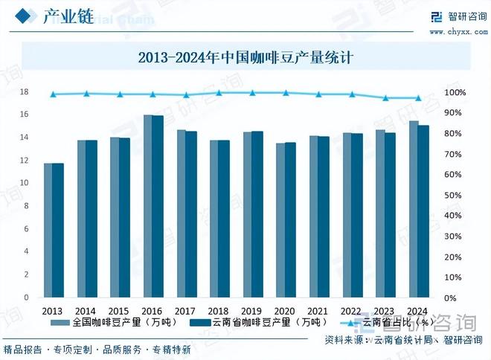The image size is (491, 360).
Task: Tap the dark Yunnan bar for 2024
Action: [423, 211]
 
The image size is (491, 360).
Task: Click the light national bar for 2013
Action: [48, 230]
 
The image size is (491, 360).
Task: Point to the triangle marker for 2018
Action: [219, 93]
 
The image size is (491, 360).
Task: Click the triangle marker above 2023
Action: [385, 98]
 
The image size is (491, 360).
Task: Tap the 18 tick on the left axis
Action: [24, 92]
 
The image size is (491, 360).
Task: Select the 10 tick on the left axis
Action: [24, 183]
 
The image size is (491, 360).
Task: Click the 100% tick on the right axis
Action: [455, 92]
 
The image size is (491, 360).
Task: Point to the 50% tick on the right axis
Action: [455, 195]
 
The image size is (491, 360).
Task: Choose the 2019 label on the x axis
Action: [252, 311]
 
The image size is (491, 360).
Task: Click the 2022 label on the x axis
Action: [351, 311]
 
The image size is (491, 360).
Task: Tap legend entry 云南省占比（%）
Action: [388, 322]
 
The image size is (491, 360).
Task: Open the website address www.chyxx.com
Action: [455, 32]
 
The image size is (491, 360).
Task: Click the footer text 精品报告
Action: [22, 350]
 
